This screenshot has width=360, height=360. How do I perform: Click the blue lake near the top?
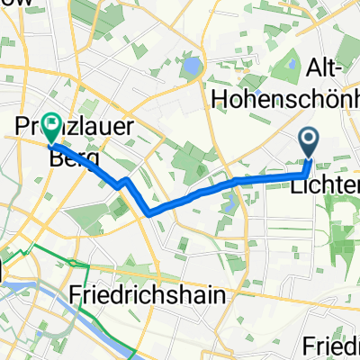192,66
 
